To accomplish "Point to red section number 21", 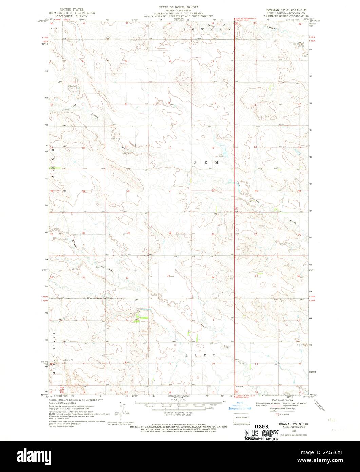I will point(170,191).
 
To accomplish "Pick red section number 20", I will point(128,191).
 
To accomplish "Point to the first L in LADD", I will point(186,355).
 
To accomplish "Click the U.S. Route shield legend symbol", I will point(277,415).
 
